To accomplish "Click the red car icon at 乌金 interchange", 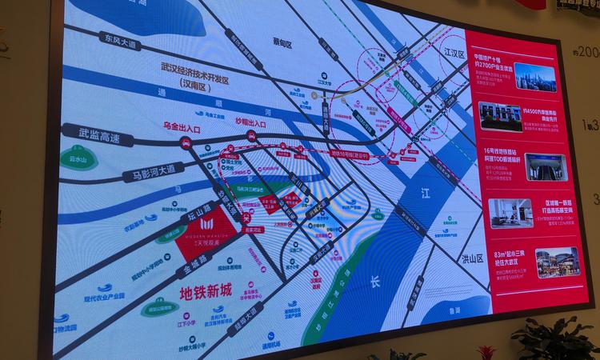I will pyautogui.click(x=186, y=144).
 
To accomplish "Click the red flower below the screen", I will pyautogui.click(x=486, y=351).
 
